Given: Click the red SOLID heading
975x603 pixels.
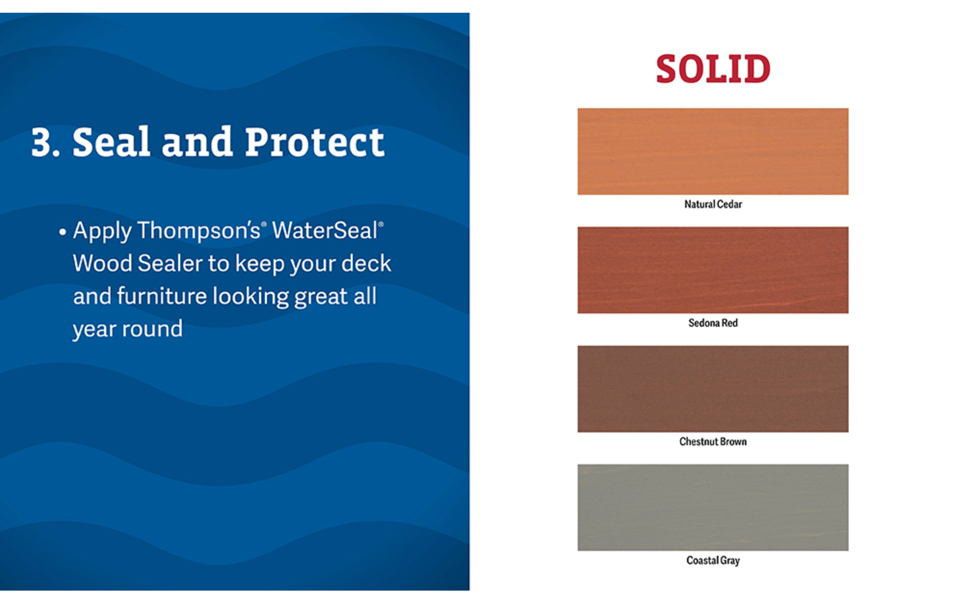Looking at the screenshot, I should point(713,69).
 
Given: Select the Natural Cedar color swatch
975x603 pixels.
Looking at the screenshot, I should point(713,151).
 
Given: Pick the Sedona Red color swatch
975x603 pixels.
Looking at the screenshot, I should point(713,270).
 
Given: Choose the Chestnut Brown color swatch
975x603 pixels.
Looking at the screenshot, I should point(713,389).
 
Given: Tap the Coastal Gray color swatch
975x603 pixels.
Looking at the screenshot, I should point(713,507).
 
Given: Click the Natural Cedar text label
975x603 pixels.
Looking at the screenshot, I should point(713,204).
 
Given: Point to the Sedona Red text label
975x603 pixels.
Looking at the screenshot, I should point(713,323).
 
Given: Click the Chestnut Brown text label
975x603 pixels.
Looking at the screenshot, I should point(713,442).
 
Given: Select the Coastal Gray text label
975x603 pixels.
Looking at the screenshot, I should point(713,560).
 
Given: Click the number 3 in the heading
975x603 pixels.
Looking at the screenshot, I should point(42,143).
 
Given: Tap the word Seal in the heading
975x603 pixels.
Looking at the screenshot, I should point(111,142).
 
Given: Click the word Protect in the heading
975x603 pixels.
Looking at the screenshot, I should point(315,142).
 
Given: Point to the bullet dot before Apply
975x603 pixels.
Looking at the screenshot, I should point(62,232).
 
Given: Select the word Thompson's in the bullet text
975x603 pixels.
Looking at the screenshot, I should point(199,231).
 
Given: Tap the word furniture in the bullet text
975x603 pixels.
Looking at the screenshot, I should point(161,296).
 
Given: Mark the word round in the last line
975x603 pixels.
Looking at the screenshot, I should point(152,329).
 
